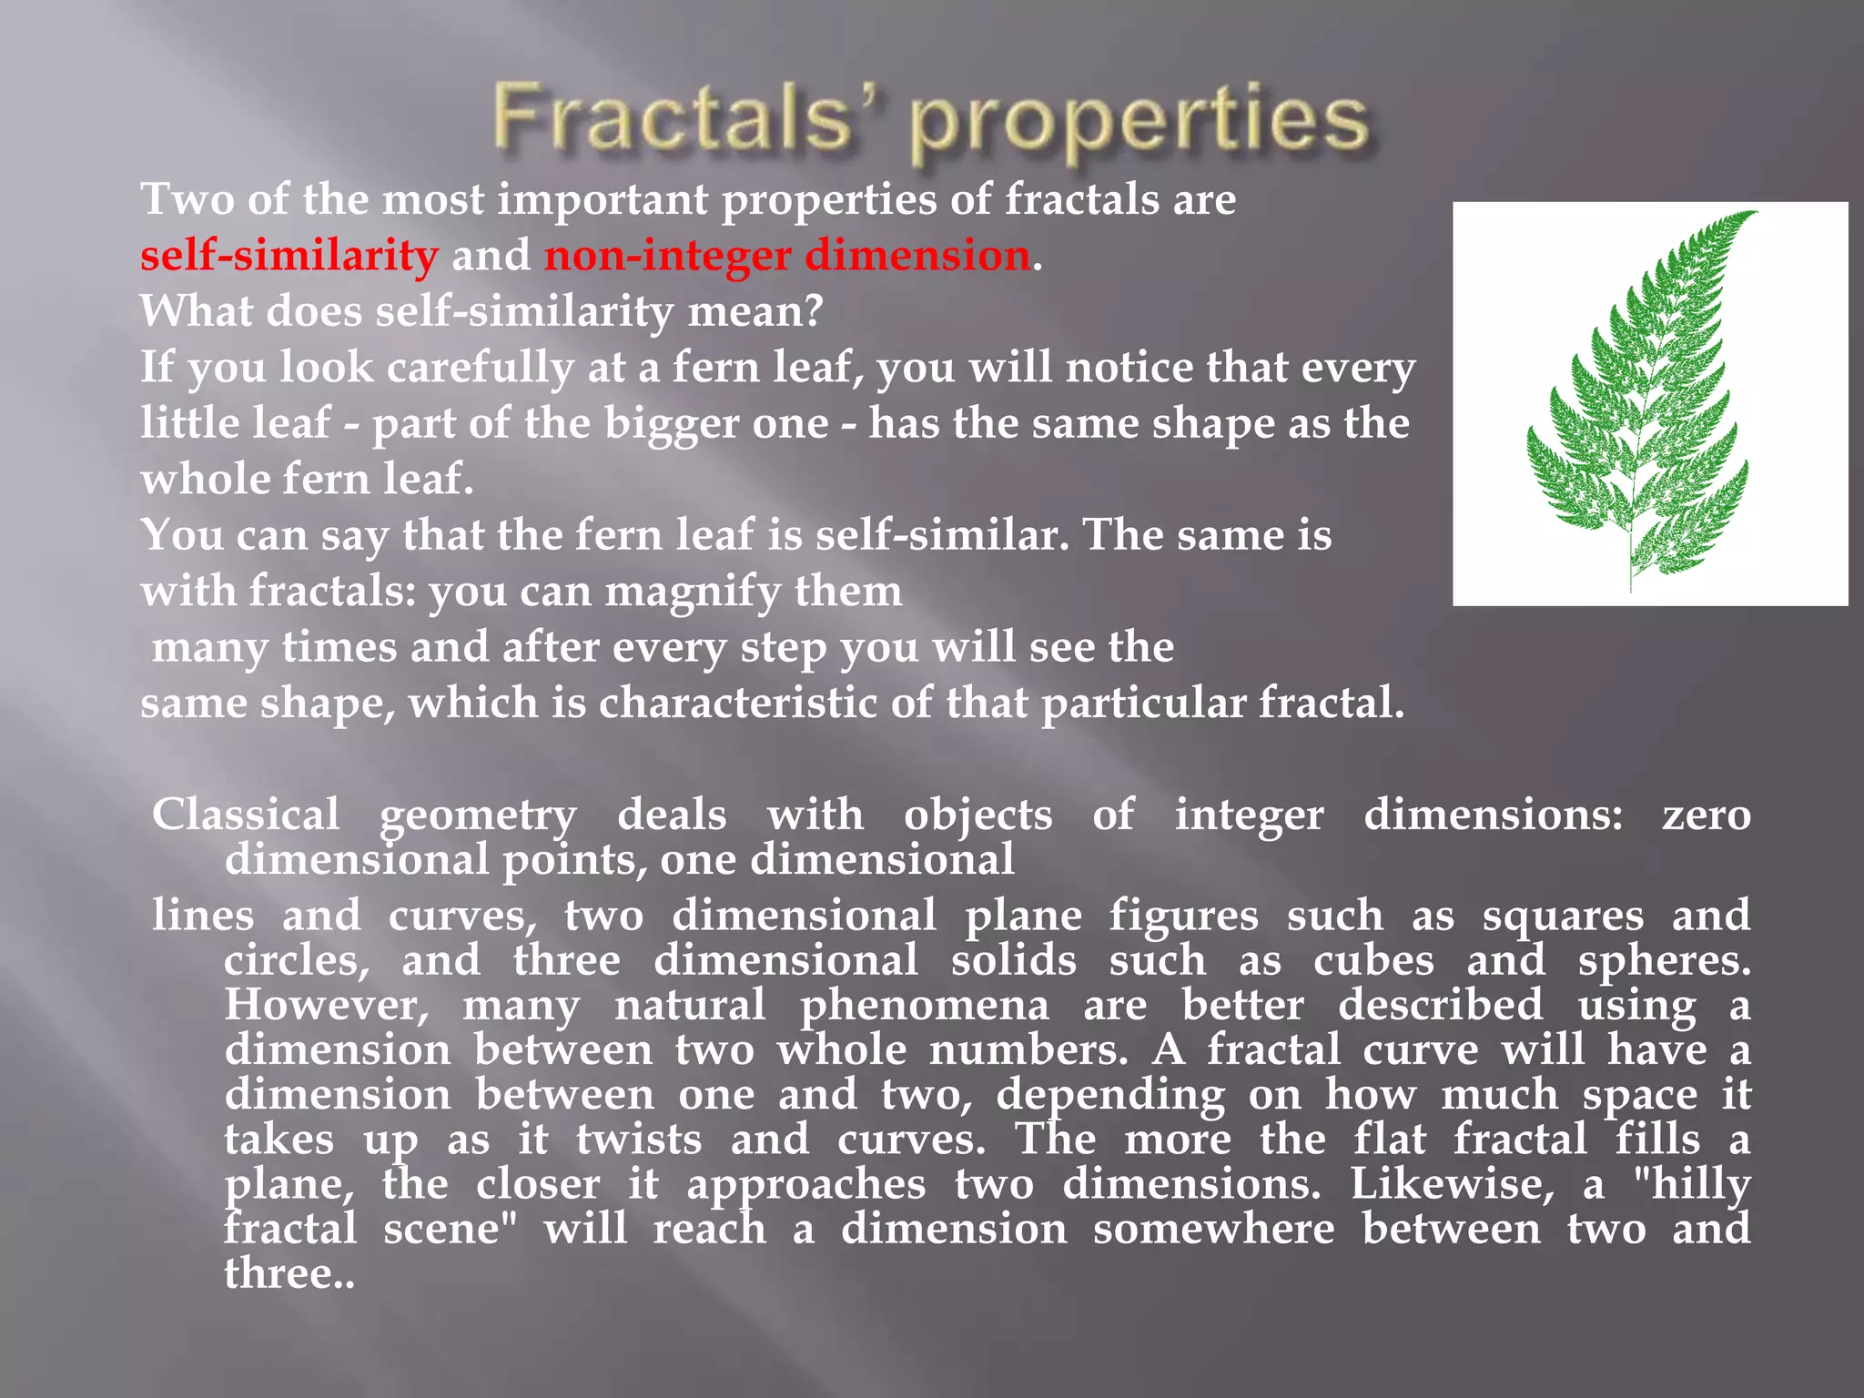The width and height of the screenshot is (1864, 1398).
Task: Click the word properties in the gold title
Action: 1140,124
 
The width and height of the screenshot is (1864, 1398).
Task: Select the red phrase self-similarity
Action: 289,255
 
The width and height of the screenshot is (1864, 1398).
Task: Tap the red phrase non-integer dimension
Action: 787,255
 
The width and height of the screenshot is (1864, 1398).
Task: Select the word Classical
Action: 246,814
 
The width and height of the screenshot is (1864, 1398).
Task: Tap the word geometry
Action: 478,815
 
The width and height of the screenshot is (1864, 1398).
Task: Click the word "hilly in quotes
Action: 1692,1184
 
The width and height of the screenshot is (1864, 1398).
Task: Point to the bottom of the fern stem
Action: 1629,589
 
